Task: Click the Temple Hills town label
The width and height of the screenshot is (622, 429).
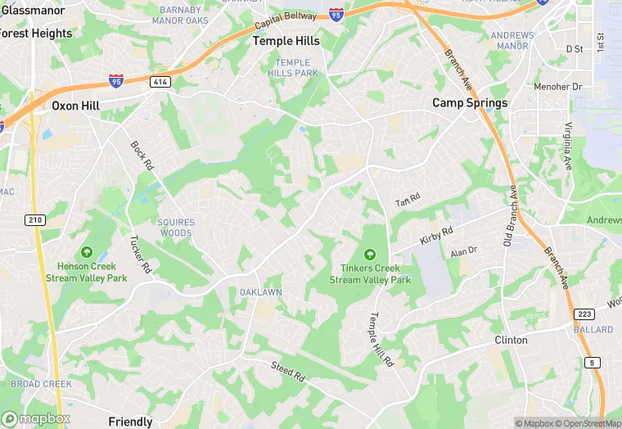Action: tap(286, 40)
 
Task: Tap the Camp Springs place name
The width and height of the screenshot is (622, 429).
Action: tap(470, 103)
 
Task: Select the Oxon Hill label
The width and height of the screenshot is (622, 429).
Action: tap(75, 106)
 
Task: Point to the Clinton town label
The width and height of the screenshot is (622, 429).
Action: tap(511, 340)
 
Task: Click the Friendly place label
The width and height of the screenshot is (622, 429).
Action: tap(131, 422)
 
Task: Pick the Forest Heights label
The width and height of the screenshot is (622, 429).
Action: tap(36, 34)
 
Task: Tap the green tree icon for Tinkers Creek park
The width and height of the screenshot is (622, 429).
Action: tap(369, 255)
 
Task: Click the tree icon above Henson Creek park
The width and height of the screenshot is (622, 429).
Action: tap(87, 252)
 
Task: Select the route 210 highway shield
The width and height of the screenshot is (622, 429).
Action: tap(34, 219)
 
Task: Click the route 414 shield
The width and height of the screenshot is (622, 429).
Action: tap(159, 81)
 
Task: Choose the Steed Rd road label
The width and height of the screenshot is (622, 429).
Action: tap(289, 373)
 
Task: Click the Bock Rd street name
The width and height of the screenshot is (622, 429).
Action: tap(142, 155)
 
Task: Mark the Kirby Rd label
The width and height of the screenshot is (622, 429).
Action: tap(436, 236)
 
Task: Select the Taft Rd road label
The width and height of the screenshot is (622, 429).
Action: tap(408, 200)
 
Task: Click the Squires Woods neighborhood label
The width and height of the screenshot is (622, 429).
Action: tap(176, 228)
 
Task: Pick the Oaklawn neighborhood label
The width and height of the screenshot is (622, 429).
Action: tap(260, 292)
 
